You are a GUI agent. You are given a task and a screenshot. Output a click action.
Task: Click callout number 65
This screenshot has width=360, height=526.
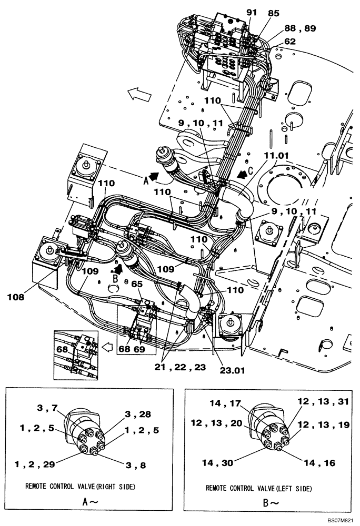tap(137, 285)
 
